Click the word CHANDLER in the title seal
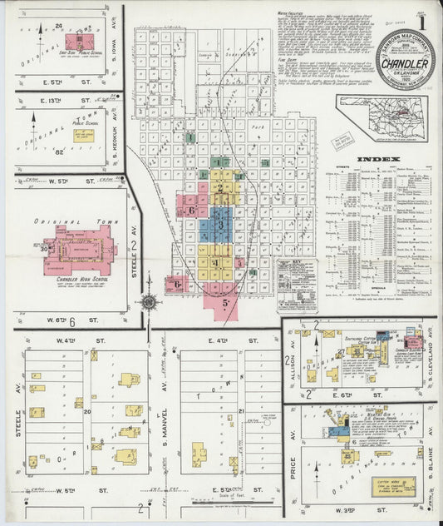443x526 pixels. tap(405, 62)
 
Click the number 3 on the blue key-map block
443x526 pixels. tap(220, 224)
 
